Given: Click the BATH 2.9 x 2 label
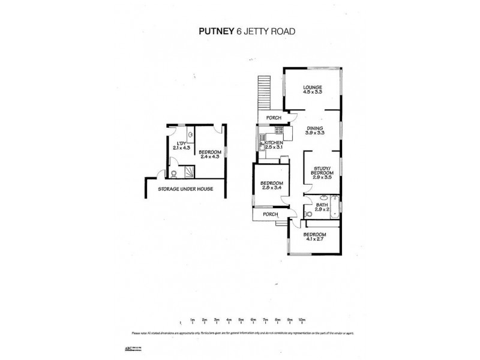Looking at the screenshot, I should click(x=323, y=206).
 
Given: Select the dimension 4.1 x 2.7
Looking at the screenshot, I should click(x=314, y=239).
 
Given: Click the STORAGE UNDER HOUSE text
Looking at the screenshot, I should click(x=185, y=189).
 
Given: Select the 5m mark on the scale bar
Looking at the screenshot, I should click(x=241, y=320).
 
